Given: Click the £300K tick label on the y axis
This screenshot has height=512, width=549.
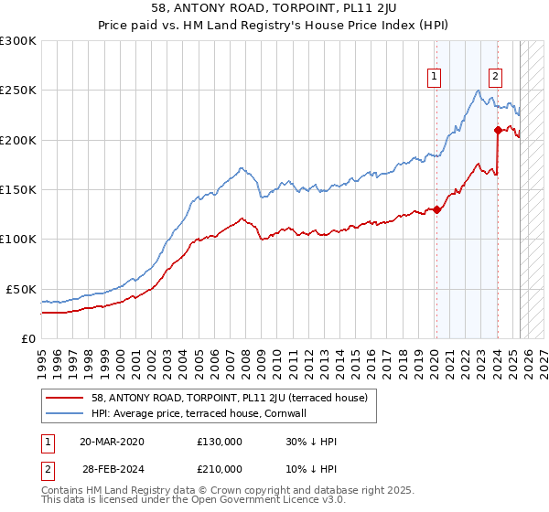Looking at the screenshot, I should click(x=18, y=41).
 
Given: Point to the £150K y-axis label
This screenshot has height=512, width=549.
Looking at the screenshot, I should click(x=18, y=190).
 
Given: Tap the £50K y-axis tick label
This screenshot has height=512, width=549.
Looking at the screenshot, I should click(x=21, y=289).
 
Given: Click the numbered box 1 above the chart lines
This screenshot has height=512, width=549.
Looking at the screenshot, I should click(x=433, y=78).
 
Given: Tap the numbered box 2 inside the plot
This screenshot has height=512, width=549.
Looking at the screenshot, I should click(x=495, y=78).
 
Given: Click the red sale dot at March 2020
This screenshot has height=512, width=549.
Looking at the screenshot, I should click(x=436, y=209).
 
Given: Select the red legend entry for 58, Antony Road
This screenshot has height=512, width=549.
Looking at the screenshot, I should click(x=229, y=398).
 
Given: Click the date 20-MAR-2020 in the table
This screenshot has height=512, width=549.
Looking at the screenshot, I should click(x=112, y=441).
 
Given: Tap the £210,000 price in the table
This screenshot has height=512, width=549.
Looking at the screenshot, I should click(x=220, y=468).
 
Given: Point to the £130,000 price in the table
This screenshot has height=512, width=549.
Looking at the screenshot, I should click(x=220, y=441).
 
